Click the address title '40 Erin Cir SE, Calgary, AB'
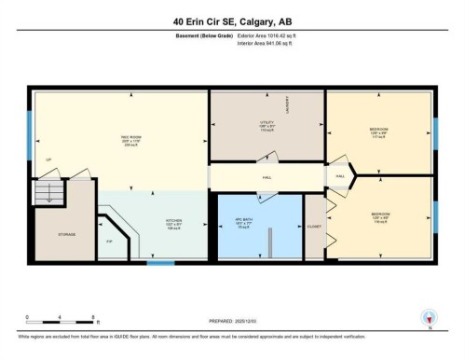click(x=232, y=21)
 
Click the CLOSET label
click(x=313, y=227)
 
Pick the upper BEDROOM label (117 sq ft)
click(x=377, y=130)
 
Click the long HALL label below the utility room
click(x=266, y=176)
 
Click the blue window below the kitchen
click(x=161, y=263)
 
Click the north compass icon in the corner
click(x=429, y=317)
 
